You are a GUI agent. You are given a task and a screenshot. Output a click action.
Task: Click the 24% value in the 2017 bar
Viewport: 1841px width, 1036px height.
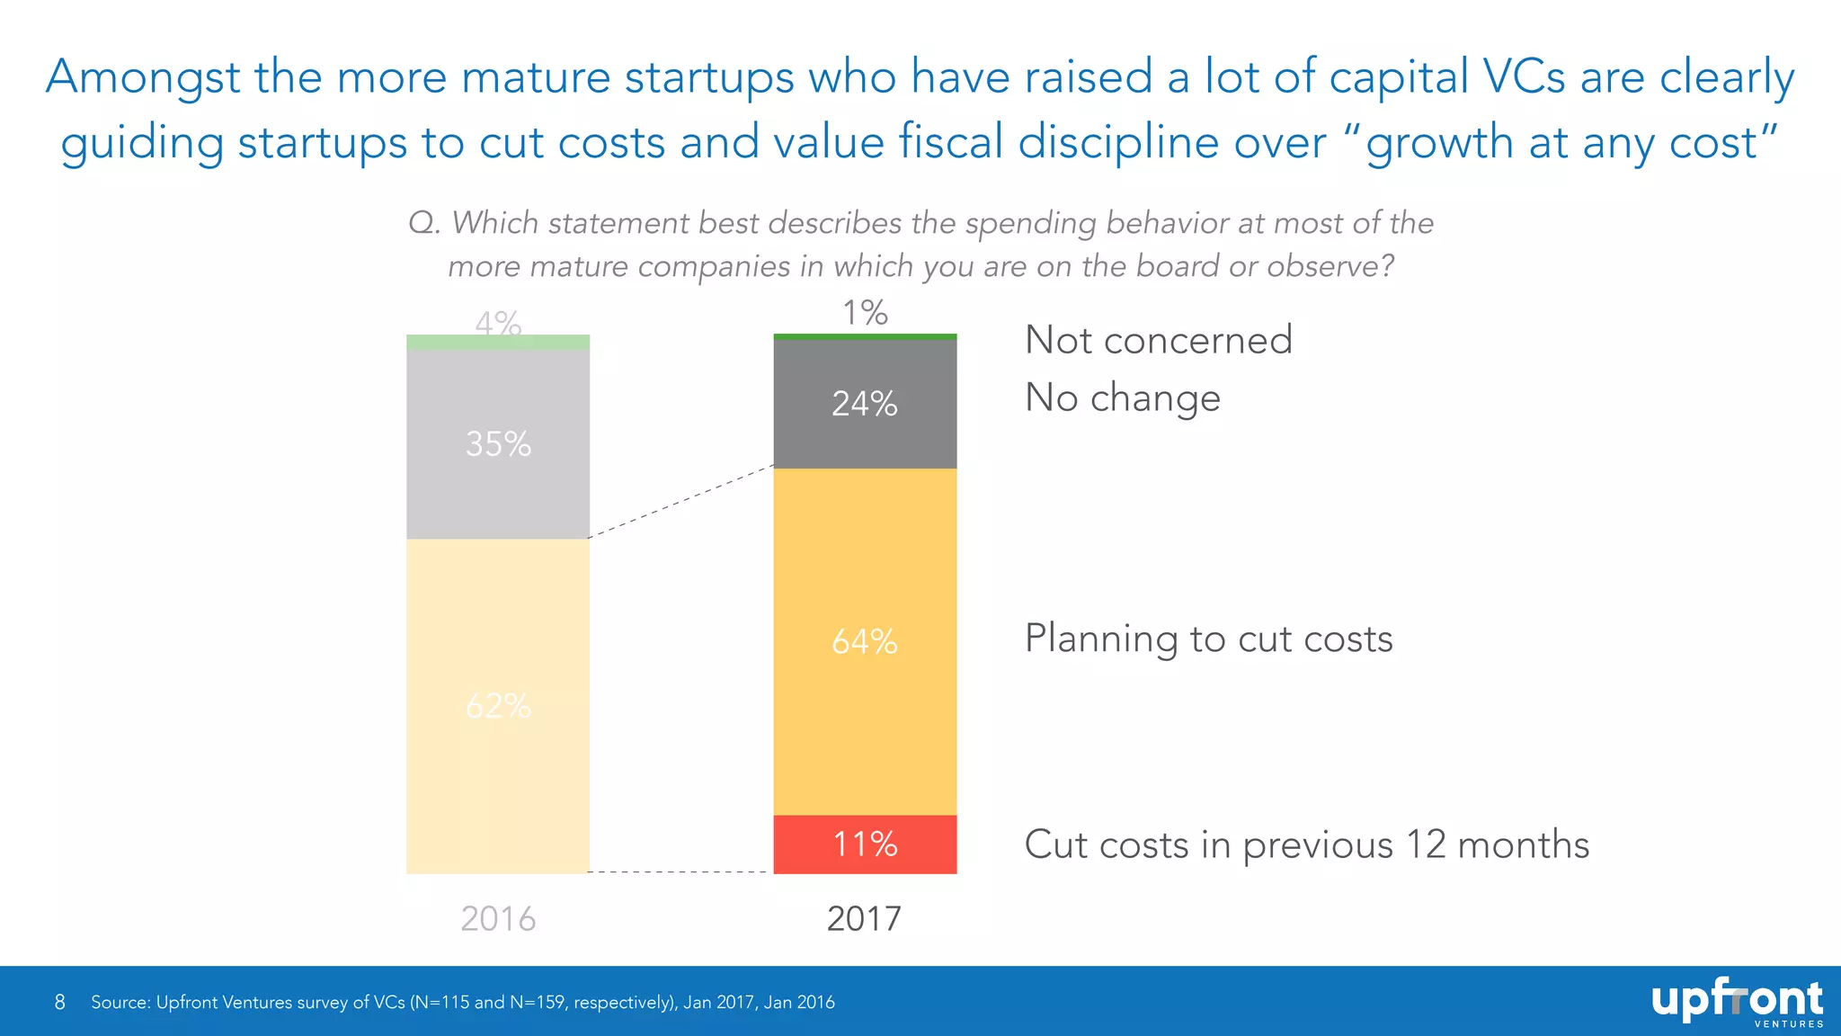pos(864,404)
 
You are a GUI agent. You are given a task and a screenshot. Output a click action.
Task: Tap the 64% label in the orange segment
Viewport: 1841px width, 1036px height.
pos(864,641)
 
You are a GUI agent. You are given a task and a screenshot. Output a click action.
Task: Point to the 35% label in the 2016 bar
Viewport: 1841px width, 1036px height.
pos(498,444)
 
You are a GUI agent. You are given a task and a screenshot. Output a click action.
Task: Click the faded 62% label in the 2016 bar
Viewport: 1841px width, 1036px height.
pos(498,706)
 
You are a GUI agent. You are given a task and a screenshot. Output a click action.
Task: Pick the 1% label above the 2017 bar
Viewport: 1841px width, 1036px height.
pos(865,313)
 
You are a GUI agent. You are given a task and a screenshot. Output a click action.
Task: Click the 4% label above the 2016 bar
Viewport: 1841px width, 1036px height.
pos(498,322)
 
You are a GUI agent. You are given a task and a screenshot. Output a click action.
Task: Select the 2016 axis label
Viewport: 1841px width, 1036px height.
pos(498,918)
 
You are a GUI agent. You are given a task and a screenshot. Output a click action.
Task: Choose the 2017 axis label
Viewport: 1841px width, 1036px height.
pos(864,918)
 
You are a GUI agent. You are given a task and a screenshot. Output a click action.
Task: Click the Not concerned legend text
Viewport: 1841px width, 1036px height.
pos(1158,340)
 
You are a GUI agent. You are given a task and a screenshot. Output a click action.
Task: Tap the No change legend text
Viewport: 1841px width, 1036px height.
pos(1122,397)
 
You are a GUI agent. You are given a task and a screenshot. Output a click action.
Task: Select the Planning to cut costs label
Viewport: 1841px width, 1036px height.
pos(1208,639)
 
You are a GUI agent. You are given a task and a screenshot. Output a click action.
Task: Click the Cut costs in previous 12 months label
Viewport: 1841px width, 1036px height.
pos(1306,844)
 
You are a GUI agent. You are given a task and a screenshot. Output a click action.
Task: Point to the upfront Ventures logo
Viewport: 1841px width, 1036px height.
pos(1736,1002)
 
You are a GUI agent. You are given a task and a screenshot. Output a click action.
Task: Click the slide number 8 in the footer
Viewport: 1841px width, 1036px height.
pos(60,1002)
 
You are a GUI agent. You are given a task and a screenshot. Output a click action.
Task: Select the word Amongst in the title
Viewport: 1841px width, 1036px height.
pos(143,78)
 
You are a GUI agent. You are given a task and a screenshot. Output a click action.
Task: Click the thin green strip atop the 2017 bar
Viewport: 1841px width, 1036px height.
pos(865,336)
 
